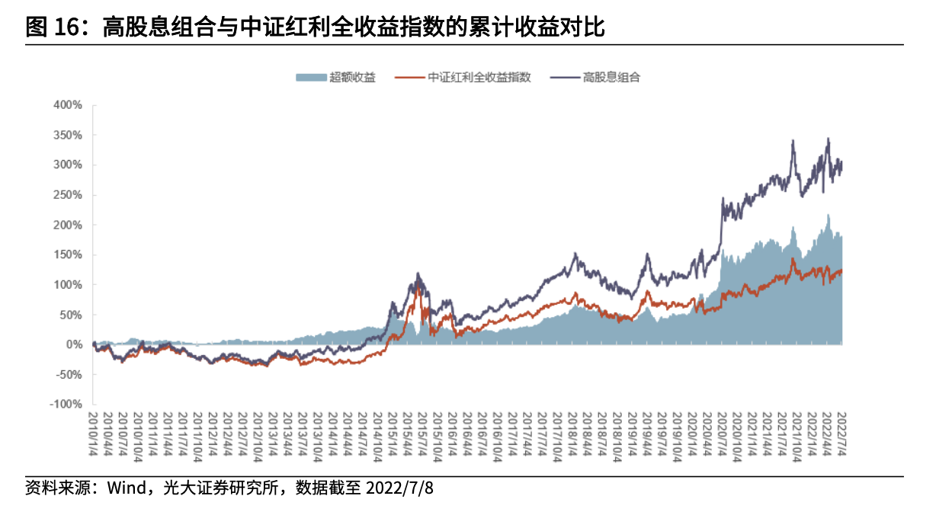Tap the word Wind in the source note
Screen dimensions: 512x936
pyautogui.click(x=125, y=487)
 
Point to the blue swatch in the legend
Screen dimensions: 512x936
pyautogui.click(x=311, y=77)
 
